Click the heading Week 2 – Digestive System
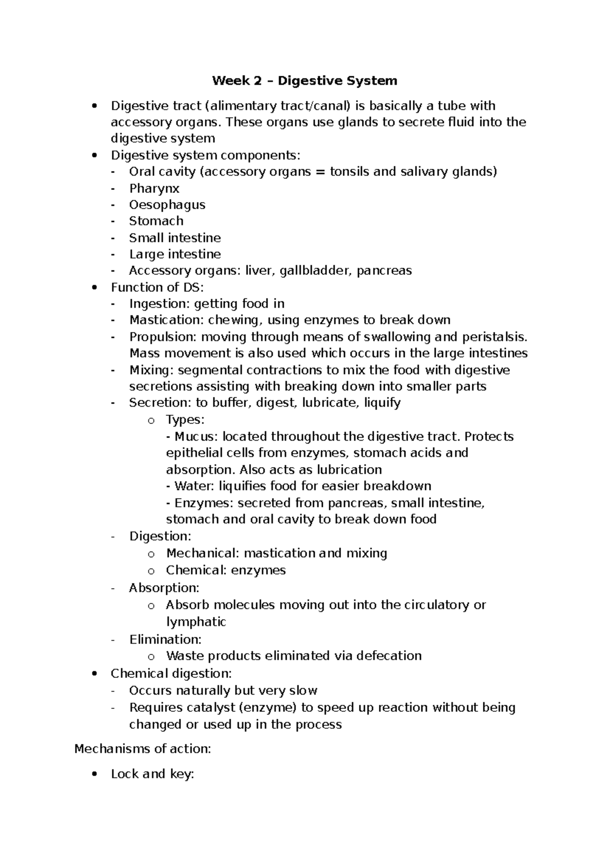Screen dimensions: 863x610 (x=304, y=80)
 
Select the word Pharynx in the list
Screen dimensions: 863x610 (x=154, y=188)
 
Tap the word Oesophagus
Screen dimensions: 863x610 (x=167, y=205)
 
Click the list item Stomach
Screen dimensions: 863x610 (x=156, y=221)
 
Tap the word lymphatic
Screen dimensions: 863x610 (x=196, y=622)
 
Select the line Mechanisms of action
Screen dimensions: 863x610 (x=142, y=749)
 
